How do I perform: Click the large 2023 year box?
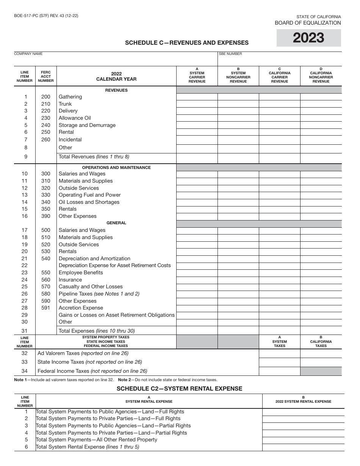[308, 38]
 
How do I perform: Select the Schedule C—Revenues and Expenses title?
[187, 43]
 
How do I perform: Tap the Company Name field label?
[28, 54]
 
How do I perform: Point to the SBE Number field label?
[230, 54]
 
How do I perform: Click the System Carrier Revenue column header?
[197, 75]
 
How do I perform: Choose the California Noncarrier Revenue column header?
[321, 75]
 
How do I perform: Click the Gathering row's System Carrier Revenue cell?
[197, 97]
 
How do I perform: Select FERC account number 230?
[45, 118]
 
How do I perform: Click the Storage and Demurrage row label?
[87, 125]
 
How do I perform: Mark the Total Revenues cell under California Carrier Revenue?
[279, 158]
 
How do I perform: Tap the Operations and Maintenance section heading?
[116, 167]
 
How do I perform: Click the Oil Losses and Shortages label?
[89, 202]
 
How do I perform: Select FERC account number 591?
[45, 308]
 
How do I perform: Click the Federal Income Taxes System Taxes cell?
[279, 371]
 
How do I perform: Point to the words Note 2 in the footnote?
[125, 380]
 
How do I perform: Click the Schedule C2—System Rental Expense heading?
[179, 388]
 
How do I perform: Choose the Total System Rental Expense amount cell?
[303, 447]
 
